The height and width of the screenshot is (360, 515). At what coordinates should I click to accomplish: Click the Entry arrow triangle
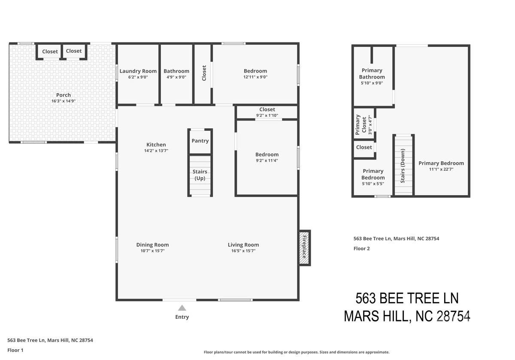(182, 308)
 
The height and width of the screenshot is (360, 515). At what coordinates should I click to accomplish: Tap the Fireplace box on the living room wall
(305, 248)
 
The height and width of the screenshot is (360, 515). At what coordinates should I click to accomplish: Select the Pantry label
(200, 141)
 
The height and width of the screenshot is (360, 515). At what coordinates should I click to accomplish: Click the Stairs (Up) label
(200, 175)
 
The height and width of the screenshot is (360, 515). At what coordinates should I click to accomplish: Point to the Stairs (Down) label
(403, 166)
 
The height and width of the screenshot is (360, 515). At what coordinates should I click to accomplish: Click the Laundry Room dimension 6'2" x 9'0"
(138, 77)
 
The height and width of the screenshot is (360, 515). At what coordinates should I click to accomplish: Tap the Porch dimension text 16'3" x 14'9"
(64, 101)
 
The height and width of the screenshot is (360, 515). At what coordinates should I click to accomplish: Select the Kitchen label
(156, 145)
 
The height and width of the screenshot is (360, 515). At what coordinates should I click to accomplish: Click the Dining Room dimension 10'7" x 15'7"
(153, 251)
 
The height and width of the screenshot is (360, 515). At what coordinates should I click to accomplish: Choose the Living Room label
(243, 245)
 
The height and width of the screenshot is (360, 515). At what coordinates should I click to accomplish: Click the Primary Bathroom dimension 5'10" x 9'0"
(372, 83)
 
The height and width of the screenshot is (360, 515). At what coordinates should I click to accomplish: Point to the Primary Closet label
(361, 124)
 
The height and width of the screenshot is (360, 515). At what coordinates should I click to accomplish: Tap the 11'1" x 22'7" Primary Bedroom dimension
(441, 169)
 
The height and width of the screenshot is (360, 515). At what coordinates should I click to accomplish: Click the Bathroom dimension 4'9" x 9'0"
(176, 77)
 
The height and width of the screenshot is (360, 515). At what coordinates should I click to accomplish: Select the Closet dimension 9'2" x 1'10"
(267, 115)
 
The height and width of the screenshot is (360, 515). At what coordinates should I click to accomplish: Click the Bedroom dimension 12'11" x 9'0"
(255, 77)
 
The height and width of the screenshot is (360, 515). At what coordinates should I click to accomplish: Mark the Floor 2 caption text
(362, 248)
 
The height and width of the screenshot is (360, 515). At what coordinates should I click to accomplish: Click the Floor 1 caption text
(15, 350)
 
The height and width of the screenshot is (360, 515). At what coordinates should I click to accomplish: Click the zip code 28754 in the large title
(453, 316)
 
